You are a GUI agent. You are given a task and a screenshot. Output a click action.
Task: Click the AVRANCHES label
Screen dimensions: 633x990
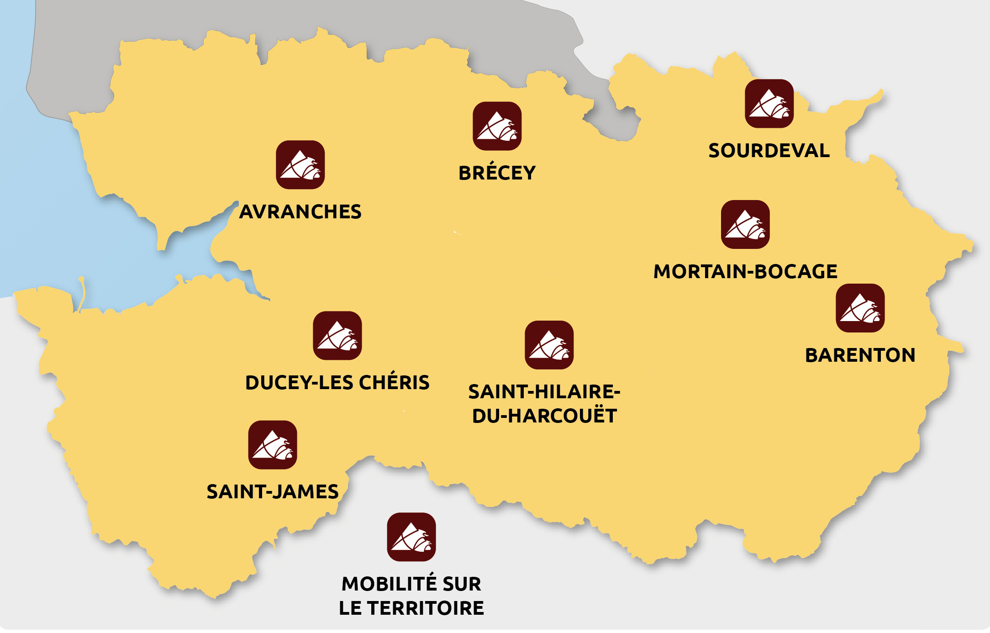coord(300,212)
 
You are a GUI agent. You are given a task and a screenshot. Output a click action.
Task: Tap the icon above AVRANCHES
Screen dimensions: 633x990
coord(300,165)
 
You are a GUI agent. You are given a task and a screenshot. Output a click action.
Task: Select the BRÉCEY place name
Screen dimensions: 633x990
coord(497,173)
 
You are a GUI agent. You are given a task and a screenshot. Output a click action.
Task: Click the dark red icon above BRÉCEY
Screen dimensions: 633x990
coord(497,126)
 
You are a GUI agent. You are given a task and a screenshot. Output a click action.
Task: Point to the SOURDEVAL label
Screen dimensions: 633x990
coord(769,151)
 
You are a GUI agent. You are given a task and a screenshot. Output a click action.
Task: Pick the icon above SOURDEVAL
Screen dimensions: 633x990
coord(769,104)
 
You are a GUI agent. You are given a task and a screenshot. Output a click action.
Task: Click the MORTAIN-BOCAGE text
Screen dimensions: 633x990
coord(745,272)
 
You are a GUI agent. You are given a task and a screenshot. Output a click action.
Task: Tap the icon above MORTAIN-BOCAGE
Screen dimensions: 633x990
coord(745,225)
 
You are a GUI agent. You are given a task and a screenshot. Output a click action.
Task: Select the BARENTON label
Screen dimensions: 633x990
coord(860,355)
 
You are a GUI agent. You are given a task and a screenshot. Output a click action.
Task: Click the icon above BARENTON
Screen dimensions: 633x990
coord(860,308)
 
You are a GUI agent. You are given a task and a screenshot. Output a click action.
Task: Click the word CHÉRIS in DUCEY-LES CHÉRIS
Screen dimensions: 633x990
coord(394,383)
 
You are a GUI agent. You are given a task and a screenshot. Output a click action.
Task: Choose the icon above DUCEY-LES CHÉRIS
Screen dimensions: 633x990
coord(337,336)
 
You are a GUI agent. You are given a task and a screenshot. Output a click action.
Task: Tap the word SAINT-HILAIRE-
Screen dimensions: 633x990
coord(544,392)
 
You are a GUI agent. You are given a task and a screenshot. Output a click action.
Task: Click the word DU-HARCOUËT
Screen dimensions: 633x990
coord(544,416)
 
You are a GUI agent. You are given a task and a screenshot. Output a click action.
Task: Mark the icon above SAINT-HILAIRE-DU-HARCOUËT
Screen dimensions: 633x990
coord(549,345)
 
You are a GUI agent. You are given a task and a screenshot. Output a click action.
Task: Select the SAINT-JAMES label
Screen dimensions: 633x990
coord(273,492)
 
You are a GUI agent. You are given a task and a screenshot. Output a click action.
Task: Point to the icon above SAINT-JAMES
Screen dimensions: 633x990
coord(273,445)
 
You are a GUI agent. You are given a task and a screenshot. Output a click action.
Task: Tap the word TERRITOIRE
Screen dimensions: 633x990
coord(425,608)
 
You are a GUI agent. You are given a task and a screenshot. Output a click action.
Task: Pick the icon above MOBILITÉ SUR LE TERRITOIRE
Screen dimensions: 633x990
coord(411,537)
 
